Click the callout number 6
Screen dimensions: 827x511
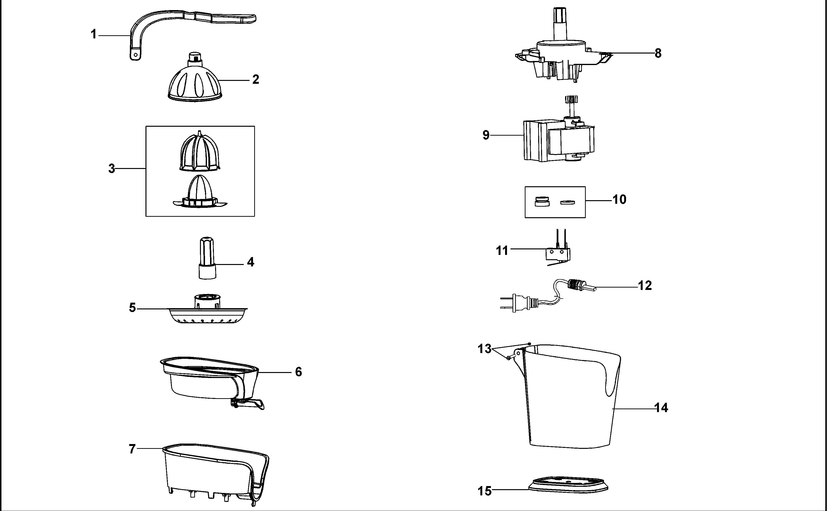coord(298,372)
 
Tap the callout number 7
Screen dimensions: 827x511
coord(132,449)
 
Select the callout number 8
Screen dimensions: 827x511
coord(658,53)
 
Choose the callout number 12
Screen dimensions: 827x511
coord(645,286)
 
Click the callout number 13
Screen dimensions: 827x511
coord(484,349)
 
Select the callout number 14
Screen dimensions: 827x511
coord(661,408)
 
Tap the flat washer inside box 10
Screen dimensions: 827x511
coord(567,202)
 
